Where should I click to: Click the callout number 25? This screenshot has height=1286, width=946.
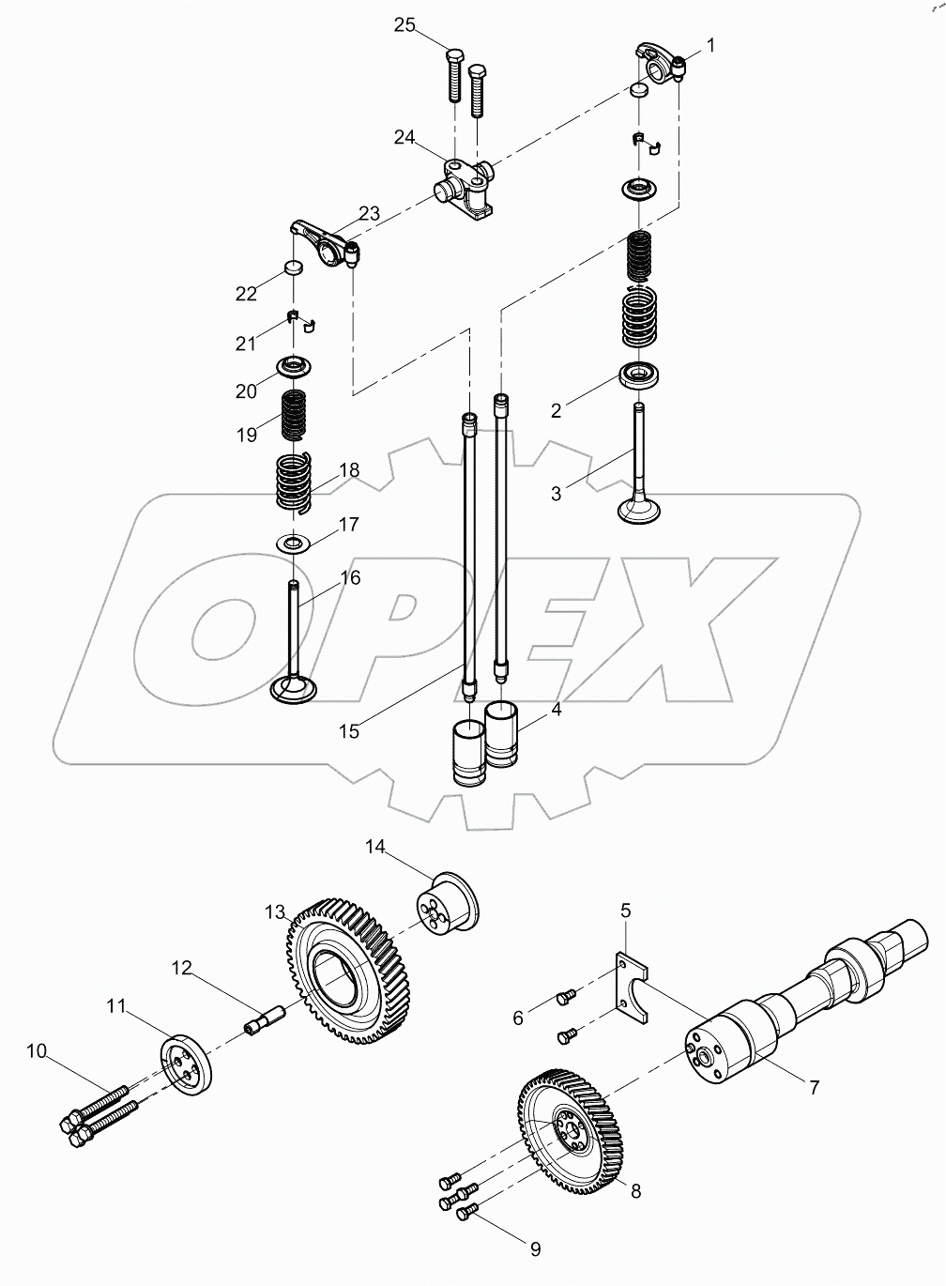click(404, 25)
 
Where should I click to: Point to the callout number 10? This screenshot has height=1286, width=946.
click(37, 1051)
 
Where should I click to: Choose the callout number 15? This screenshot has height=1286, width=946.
click(349, 731)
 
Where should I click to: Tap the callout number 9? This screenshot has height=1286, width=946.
click(535, 1249)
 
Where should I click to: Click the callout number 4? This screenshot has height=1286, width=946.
click(556, 710)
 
